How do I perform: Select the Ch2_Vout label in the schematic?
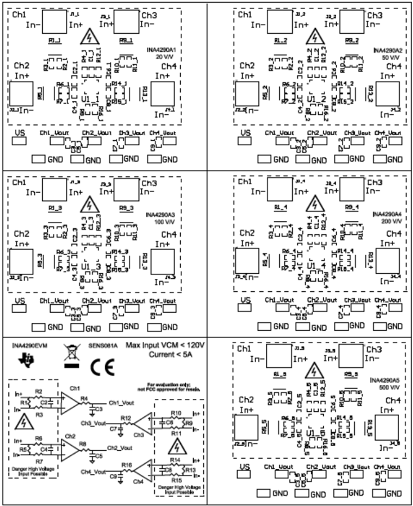(x=119, y=447)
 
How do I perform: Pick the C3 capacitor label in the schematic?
(x=98, y=408)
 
